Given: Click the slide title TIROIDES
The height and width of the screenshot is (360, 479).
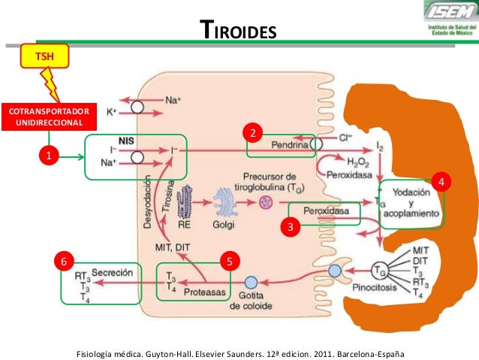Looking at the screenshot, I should coord(240,31).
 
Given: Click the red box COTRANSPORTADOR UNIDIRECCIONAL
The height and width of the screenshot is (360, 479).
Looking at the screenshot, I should coord(50,117).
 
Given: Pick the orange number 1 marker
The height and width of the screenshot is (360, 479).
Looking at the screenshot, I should coord(50,156).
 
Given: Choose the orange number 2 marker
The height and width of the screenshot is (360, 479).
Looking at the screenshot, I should coord(254,133).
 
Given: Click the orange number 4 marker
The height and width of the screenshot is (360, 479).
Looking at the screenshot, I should coord(443,182).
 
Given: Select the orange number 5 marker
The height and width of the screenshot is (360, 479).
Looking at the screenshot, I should coord(230,261).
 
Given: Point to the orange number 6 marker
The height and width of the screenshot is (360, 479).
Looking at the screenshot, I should coord(65,261).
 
